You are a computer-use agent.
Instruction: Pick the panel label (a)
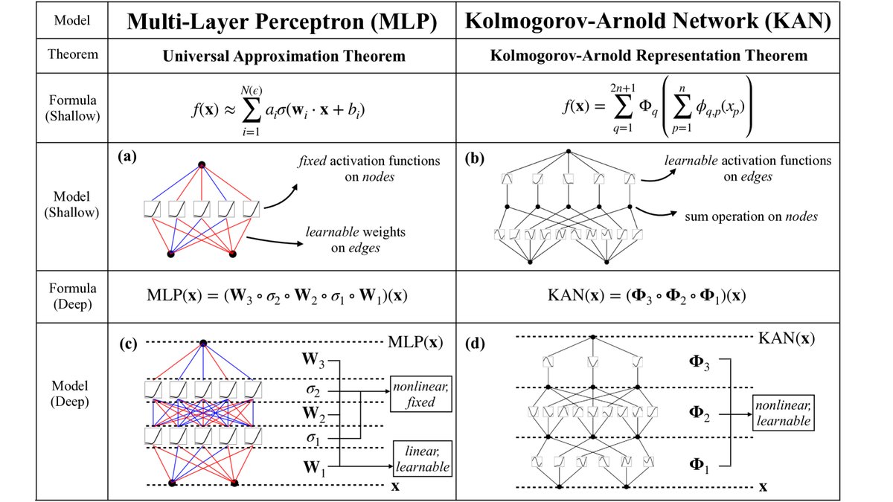point(128,158)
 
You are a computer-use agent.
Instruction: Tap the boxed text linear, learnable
point(423,460)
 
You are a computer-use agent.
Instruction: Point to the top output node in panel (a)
point(201,164)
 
